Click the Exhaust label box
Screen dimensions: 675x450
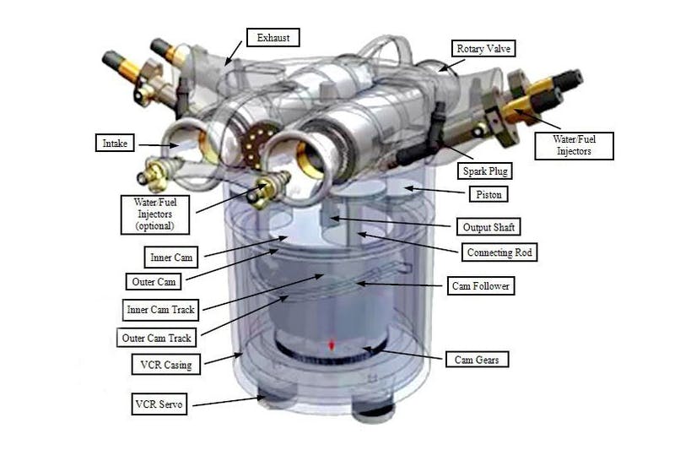coord(273,37)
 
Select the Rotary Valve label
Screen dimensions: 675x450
coord(483,49)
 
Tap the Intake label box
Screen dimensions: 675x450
coord(115,143)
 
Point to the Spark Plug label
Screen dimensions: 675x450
coord(484,171)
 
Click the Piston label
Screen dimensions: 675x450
coord(489,194)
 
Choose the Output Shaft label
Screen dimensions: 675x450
coord(489,226)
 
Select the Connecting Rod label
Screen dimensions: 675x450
coord(499,252)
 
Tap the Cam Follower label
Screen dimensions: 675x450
coord(480,285)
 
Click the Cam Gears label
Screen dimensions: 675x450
coord(477,359)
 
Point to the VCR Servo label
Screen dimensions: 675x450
coord(159,404)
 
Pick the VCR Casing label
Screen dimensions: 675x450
coord(165,365)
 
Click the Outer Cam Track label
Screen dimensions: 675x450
coord(156,338)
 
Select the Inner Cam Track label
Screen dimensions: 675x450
coord(160,310)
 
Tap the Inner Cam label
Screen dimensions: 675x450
coord(171,257)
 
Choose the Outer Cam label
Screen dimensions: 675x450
coord(154,282)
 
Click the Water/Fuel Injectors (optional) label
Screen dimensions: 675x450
coord(155,214)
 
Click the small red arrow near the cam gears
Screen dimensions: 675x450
coord(332,345)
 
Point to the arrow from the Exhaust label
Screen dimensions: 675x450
coord(234,53)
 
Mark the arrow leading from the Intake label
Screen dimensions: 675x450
coord(159,145)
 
